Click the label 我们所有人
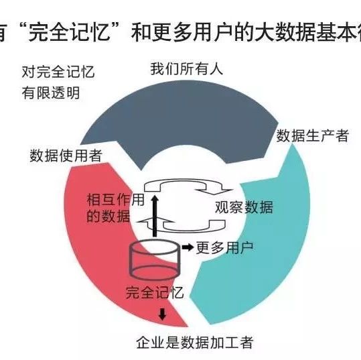[187, 69]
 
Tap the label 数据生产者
[312, 135]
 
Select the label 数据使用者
[66, 156]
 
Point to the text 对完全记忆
[58, 72]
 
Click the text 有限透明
[51, 93]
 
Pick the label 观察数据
[244, 207]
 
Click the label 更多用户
[225, 248]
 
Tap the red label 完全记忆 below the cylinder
[155, 293]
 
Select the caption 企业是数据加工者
[195, 343]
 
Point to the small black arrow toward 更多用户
[188, 247]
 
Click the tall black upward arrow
[155, 216]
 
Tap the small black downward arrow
[162, 314]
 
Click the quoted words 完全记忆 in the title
[69, 32]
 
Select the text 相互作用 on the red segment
[116, 200]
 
